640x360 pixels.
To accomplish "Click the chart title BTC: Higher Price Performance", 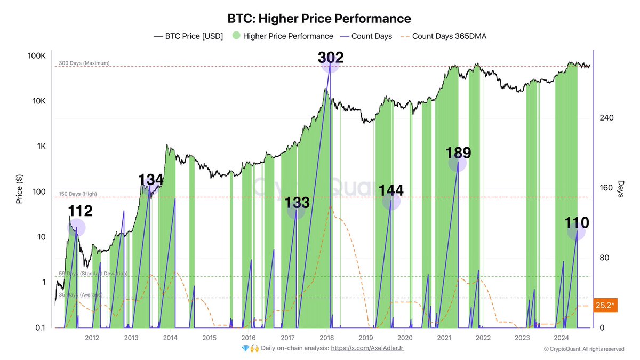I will click(x=319, y=19).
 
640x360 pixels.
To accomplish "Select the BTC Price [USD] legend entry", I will click(x=188, y=36).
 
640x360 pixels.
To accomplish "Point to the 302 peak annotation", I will click(x=330, y=58).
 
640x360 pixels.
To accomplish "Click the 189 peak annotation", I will click(x=458, y=154).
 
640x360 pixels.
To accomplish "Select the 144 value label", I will click(x=391, y=190).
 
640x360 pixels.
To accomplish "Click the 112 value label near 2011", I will click(x=80, y=211).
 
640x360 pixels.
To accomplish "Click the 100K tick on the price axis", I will click(x=37, y=56).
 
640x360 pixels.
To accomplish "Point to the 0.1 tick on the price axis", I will click(x=39, y=327).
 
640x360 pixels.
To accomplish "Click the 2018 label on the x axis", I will click(x=326, y=338).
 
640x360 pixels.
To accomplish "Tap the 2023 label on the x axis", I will click(x=522, y=338).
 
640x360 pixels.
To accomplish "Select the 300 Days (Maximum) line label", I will click(x=84, y=63).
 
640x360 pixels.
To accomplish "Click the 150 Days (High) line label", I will click(x=78, y=194).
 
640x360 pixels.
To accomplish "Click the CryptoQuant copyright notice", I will click(x=583, y=349).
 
